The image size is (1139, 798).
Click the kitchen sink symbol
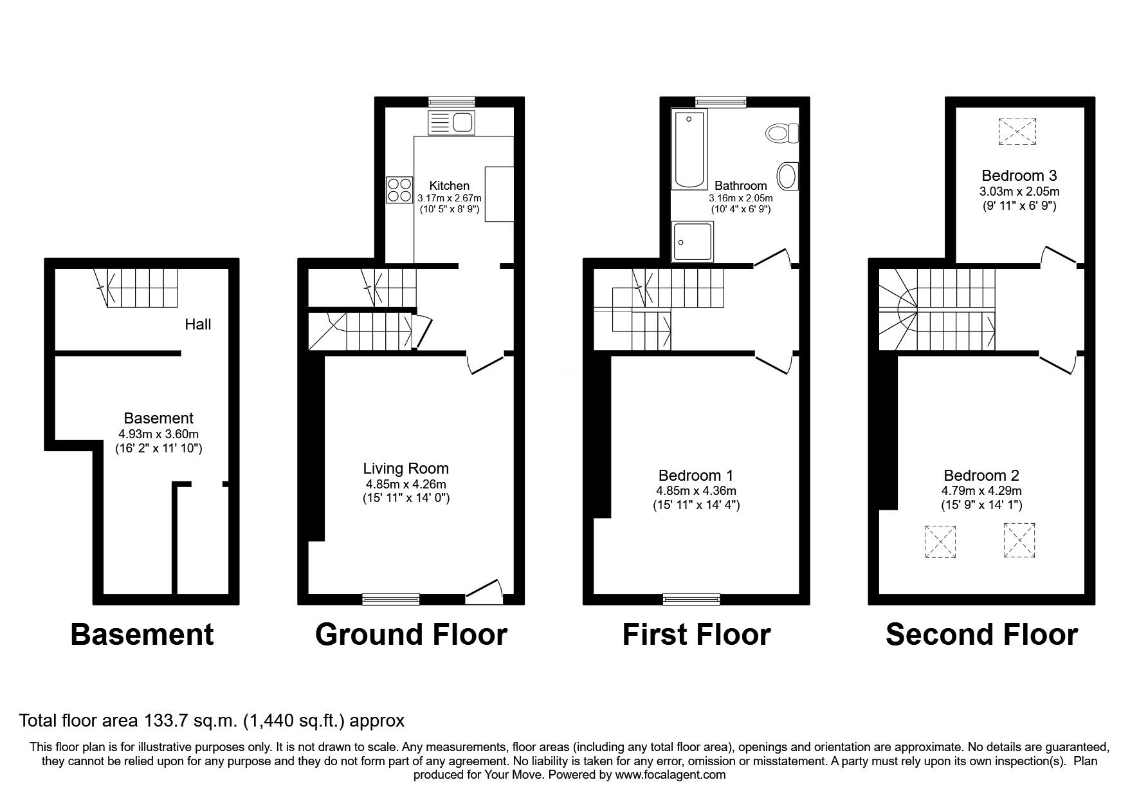click(x=451, y=122)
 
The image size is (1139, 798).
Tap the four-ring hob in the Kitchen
click(x=399, y=190)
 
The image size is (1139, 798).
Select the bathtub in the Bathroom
click(x=689, y=149)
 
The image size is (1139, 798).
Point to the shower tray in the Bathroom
click(x=692, y=242)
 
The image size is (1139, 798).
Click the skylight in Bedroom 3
click(x=1017, y=131)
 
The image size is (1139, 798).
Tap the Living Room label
click(x=405, y=469)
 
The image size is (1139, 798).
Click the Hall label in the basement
click(x=197, y=324)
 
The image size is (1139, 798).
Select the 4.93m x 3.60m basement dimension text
click(x=158, y=434)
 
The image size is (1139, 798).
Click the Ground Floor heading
click(x=411, y=635)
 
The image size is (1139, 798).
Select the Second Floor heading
click(x=981, y=635)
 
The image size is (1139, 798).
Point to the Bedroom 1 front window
click(x=691, y=599)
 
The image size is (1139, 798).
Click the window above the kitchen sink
click(x=451, y=101)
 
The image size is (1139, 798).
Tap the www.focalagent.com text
click(x=670, y=775)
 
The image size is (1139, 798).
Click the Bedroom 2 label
click(x=981, y=476)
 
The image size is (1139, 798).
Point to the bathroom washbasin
click(x=787, y=176)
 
